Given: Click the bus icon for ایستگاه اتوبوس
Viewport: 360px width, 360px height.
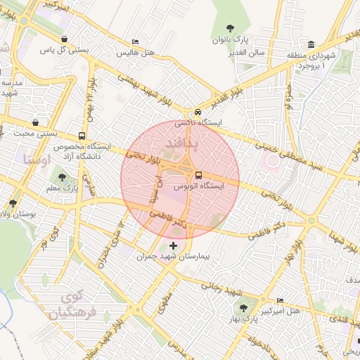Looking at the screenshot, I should (198, 175).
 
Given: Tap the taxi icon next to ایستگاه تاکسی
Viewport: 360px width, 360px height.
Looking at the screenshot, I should (198, 112).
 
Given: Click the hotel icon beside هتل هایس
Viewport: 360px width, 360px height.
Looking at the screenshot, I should (135, 43).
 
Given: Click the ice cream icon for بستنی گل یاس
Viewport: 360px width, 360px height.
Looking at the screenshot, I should (65, 39).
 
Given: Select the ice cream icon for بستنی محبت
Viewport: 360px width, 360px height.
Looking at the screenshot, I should (35, 122).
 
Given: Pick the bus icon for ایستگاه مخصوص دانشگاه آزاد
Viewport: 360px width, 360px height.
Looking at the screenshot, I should (83, 136).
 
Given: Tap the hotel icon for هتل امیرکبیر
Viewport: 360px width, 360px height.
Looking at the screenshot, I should (281, 300).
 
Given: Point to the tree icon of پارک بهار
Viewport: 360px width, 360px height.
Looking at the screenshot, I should (243, 308).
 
